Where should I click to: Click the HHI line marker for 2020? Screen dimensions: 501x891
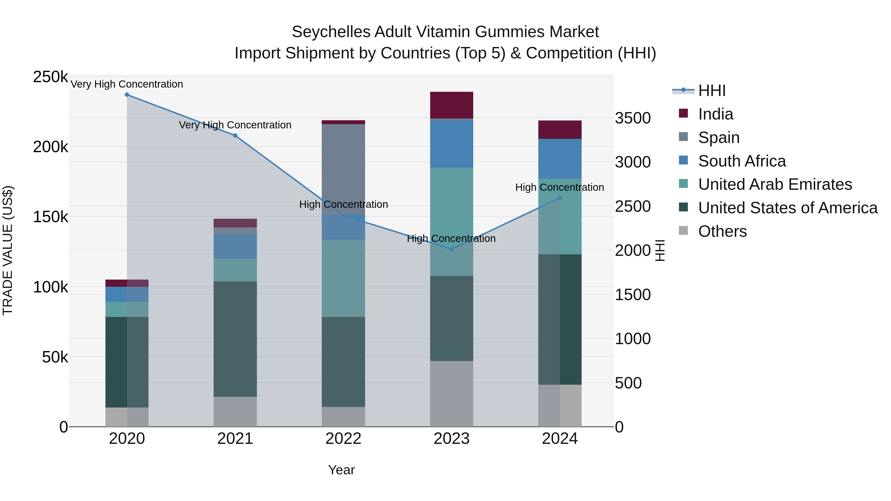click(127, 95)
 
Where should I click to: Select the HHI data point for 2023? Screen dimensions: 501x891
click(451, 249)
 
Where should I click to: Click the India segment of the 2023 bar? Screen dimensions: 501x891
click(451, 105)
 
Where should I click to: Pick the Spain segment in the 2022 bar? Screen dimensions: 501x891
click(343, 169)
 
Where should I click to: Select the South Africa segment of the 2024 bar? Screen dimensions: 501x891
click(560, 159)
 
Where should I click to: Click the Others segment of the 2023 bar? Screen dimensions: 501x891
click(451, 394)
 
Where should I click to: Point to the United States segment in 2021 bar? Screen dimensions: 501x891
click(235, 339)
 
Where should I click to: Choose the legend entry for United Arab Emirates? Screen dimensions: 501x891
click(775, 184)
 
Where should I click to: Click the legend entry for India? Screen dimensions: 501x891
click(715, 114)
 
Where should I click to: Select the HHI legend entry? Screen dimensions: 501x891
click(712, 91)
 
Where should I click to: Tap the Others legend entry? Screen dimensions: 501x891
click(722, 231)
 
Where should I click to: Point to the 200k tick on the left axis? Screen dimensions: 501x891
click(50, 147)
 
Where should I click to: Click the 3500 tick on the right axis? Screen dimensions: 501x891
click(633, 118)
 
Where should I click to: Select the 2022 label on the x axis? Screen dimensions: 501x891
click(343, 439)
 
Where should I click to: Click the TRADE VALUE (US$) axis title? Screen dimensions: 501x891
click(8, 250)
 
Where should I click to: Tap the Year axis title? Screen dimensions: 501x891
click(341, 470)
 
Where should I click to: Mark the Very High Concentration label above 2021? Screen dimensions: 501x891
click(235, 125)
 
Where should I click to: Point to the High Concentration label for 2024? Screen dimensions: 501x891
click(560, 187)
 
